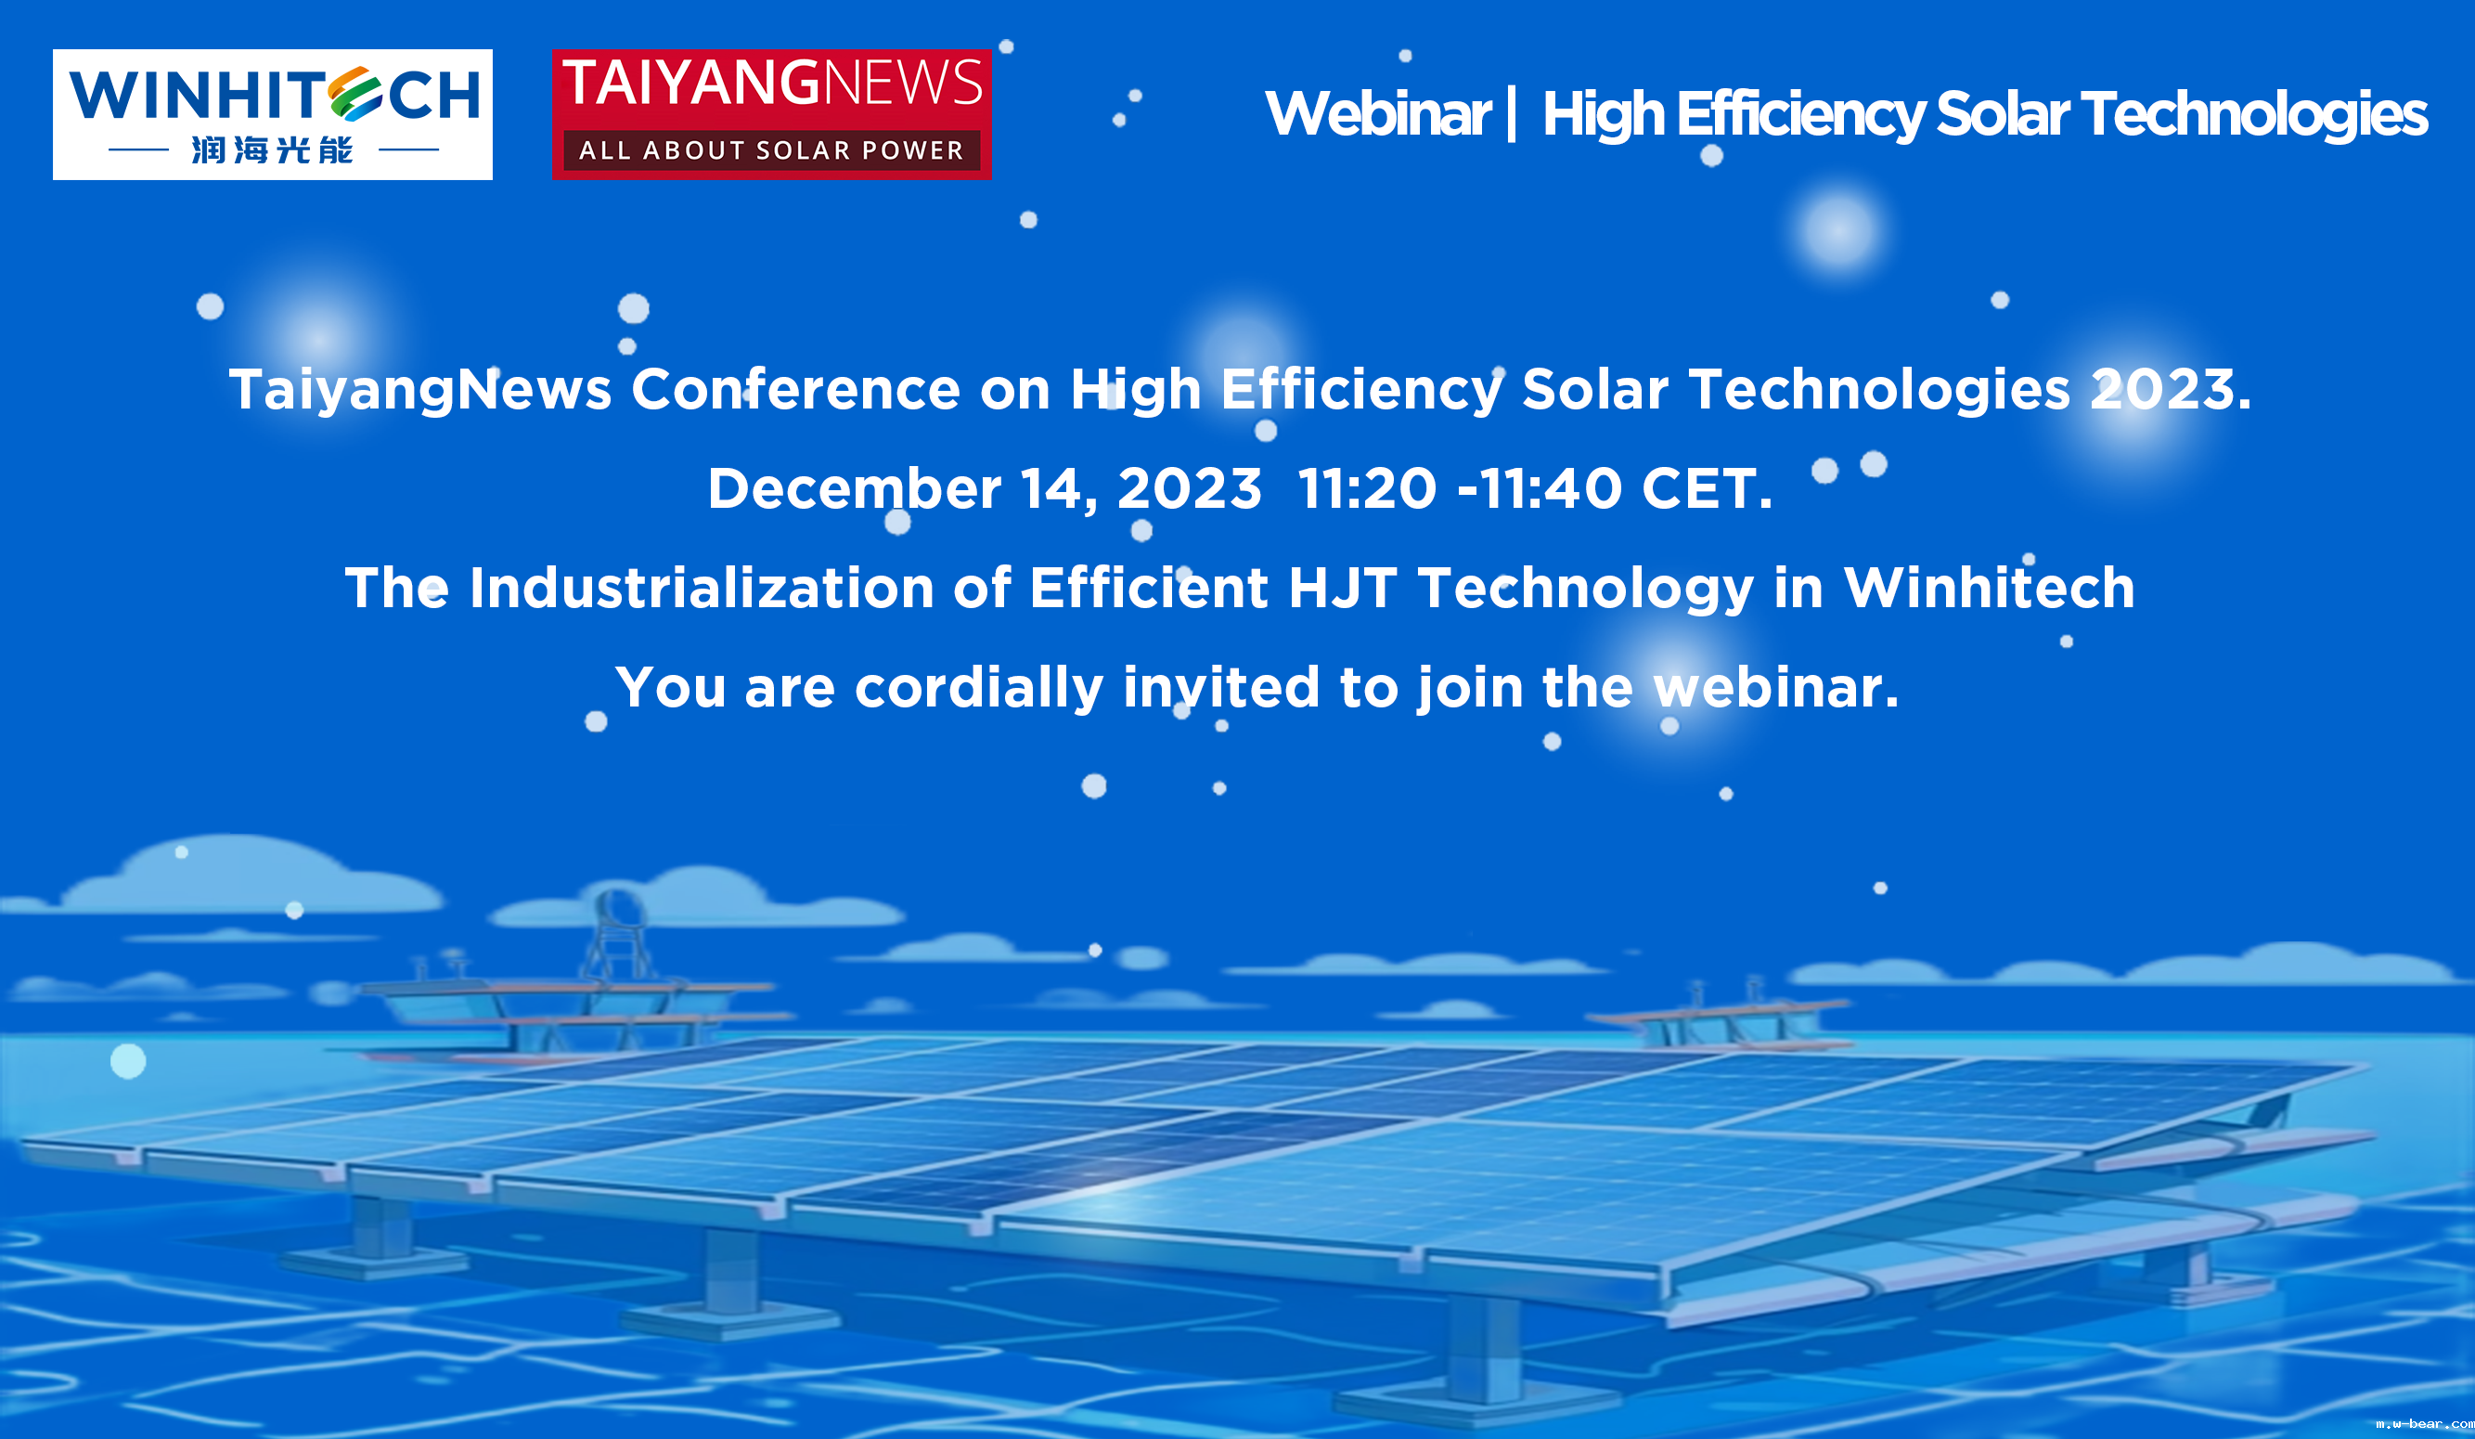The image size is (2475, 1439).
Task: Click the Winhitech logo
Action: pyautogui.click(x=272, y=114)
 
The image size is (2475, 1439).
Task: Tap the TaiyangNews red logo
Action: pyautogui.click(x=771, y=114)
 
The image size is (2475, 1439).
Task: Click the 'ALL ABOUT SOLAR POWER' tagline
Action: pyautogui.click(x=771, y=150)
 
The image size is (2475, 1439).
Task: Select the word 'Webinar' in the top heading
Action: pyautogui.click(x=1378, y=114)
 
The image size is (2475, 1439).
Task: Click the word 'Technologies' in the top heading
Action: pyautogui.click(x=2254, y=115)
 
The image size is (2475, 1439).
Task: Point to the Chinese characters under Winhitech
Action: pyautogui.click(x=272, y=150)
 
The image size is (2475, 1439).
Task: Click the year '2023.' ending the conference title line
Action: pyautogui.click(x=2171, y=389)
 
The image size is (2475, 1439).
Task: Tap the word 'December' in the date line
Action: pyautogui.click(x=855, y=488)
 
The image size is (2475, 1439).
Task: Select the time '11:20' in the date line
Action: pyautogui.click(x=1367, y=488)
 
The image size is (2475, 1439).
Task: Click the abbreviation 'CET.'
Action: pyautogui.click(x=1707, y=488)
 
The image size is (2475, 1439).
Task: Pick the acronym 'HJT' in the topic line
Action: pyautogui.click(x=1342, y=589)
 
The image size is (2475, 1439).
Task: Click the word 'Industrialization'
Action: pyautogui.click(x=703, y=589)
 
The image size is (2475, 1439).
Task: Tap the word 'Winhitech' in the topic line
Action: pyautogui.click(x=1989, y=589)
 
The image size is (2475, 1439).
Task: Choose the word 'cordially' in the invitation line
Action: pyautogui.click(x=979, y=688)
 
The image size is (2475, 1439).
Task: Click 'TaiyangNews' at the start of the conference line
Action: pyautogui.click(x=420, y=390)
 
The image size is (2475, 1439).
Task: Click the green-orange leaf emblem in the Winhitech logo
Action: pyautogui.click(x=354, y=94)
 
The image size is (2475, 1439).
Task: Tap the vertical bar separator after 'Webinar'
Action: pyautogui.click(x=1512, y=114)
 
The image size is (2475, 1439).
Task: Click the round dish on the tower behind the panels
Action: pyautogui.click(x=617, y=903)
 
